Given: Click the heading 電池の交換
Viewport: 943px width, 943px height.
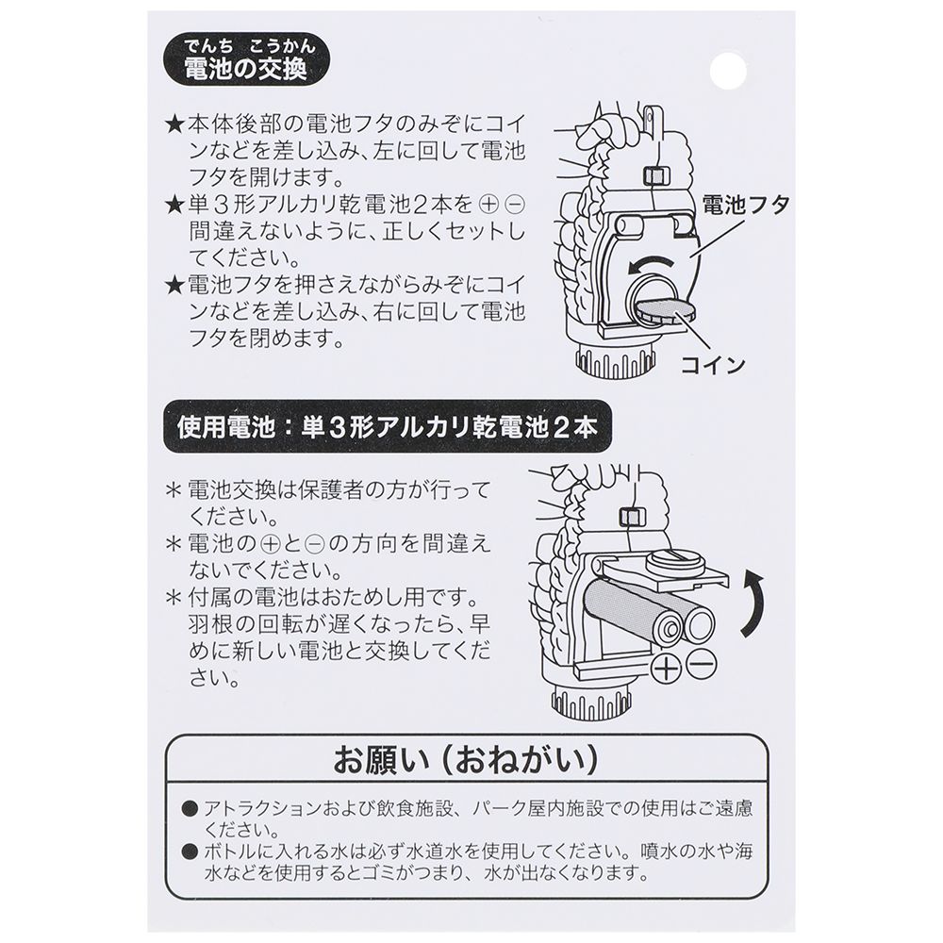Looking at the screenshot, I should coord(246,70).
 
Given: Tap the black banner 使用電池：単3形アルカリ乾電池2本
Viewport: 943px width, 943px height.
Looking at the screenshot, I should coord(387,427).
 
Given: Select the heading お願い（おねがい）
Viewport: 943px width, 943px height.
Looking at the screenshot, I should coord(467,759).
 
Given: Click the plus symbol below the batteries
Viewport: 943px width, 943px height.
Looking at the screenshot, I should coord(667,667).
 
